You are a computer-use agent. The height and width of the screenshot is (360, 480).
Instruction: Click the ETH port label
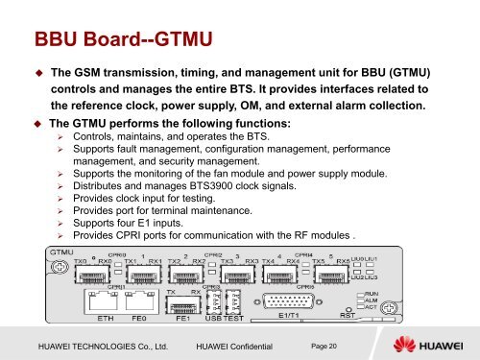112,313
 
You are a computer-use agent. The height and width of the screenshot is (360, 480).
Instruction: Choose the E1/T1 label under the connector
300,313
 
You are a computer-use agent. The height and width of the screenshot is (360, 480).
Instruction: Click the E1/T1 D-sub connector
300,295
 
